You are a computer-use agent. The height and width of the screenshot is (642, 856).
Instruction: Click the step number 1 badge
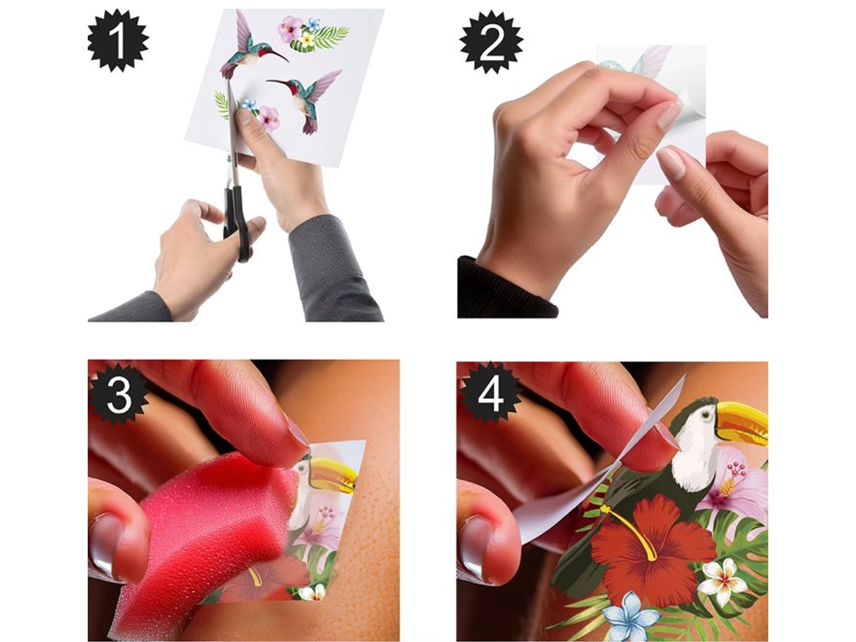(118, 41)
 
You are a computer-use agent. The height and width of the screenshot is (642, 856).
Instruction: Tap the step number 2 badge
(491, 42)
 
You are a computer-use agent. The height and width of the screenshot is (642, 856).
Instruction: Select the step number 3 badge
(119, 394)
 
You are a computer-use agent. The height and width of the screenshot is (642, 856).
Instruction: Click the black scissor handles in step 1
(236, 222)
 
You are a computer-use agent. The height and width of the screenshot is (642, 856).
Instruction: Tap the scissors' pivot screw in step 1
(229, 157)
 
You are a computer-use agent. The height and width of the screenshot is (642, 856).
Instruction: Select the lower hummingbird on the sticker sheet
(308, 100)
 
